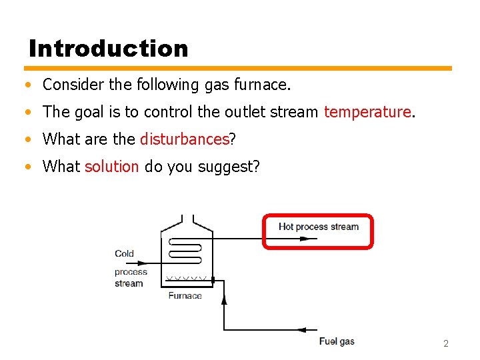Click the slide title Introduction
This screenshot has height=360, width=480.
click(109, 48)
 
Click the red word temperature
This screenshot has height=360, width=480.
click(367, 112)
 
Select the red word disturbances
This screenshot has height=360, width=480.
click(185, 139)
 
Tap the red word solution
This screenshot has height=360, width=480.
click(112, 167)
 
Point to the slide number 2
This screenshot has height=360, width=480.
click(446, 343)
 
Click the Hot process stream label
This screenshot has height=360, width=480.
click(318, 227)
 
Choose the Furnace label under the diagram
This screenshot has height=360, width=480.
click(185, 295)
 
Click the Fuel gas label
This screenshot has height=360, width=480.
click(337, 341)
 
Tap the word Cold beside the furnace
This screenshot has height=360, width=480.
click(124, 253)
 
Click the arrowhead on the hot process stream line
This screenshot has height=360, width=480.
click(304, 238)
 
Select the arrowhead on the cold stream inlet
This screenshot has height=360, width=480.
click(163, 263)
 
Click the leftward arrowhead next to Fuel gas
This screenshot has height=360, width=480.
click(301, 329)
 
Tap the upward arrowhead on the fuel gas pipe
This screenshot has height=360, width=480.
click(223, 301)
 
